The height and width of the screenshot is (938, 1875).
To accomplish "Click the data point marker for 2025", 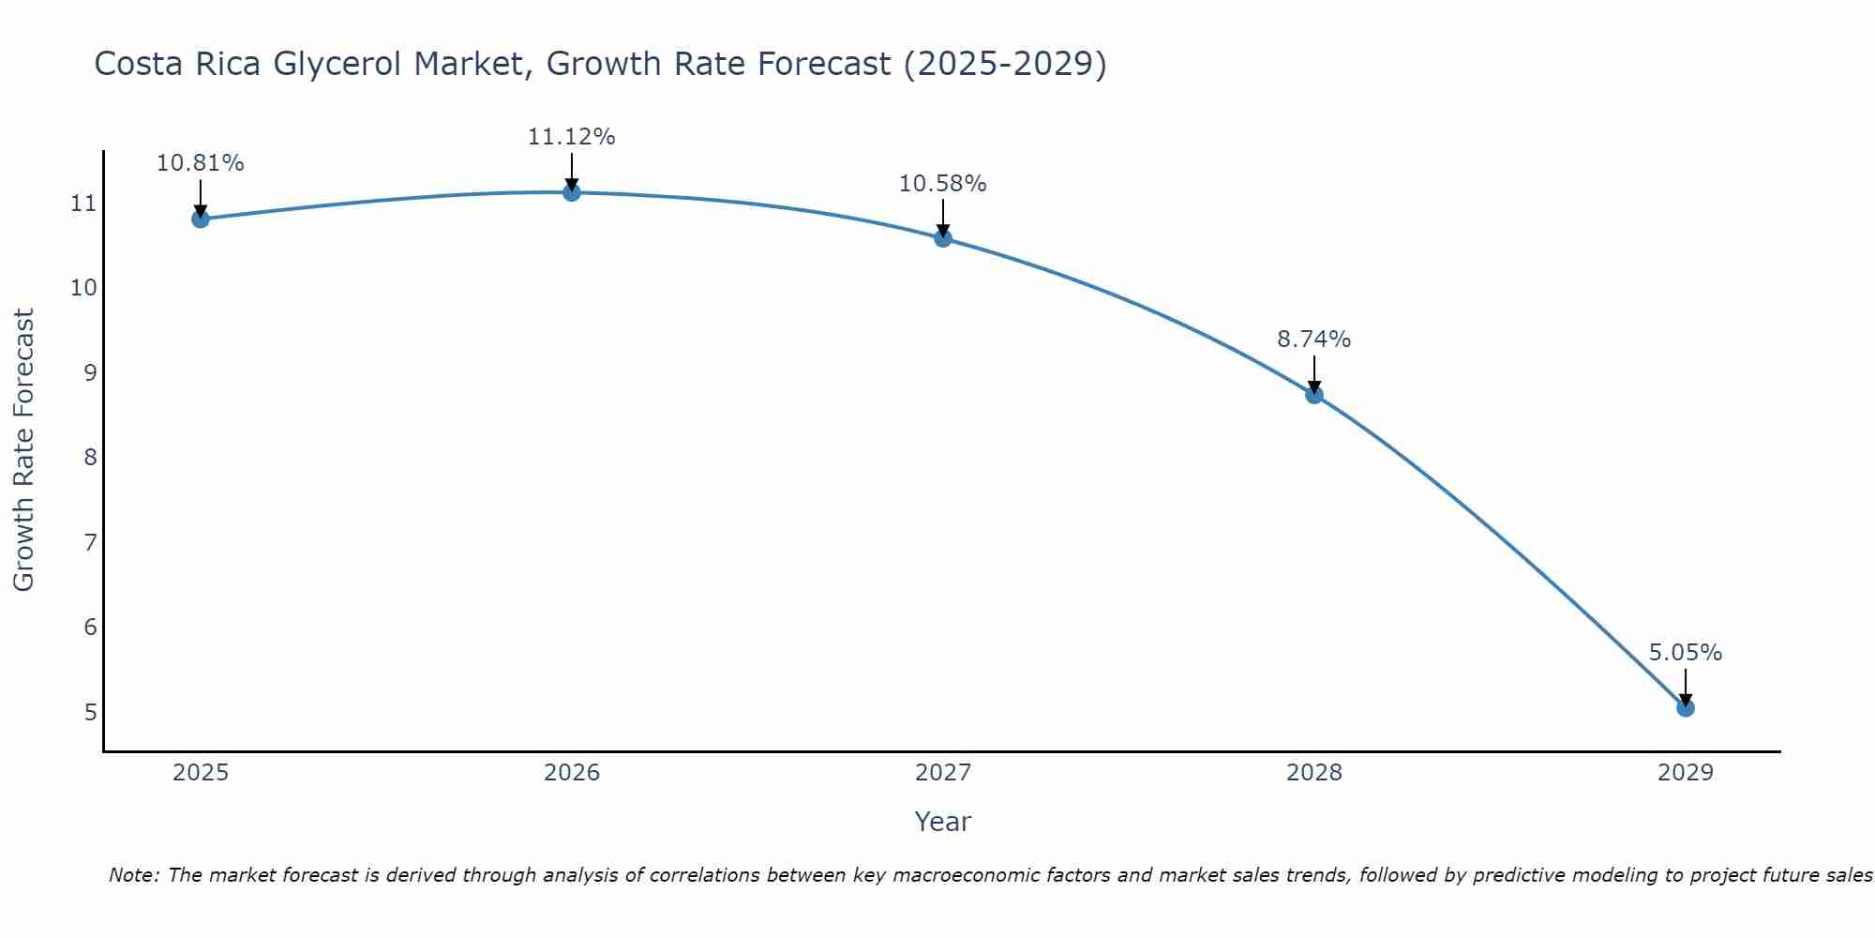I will [200, 219].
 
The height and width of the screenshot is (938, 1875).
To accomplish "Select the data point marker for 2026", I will [571, 192].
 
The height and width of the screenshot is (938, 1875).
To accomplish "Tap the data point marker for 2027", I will [942, 238].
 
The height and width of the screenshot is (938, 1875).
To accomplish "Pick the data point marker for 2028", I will [1313, 395].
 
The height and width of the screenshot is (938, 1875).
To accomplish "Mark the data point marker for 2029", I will [1685, 708].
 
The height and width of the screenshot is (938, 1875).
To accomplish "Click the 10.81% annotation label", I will [200, 163].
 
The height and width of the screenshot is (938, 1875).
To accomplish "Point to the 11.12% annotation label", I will [571, 137].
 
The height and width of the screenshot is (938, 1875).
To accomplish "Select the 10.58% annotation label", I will [942, 184].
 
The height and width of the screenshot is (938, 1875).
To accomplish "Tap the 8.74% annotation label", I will [1313, 340].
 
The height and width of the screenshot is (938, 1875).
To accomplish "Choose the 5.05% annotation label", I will [1685, 653].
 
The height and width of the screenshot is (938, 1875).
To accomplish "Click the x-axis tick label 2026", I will [572, 773].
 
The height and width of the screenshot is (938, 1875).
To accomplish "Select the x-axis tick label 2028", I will [1313, 773].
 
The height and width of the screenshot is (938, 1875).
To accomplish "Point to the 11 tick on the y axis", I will [83, 204].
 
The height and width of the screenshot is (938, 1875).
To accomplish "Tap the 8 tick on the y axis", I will [90, 458].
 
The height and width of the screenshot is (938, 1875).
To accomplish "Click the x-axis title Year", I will [942, 822].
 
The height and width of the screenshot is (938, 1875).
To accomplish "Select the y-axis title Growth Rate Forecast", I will [23, 449].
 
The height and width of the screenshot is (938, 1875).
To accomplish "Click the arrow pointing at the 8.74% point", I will [1313, 375].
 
